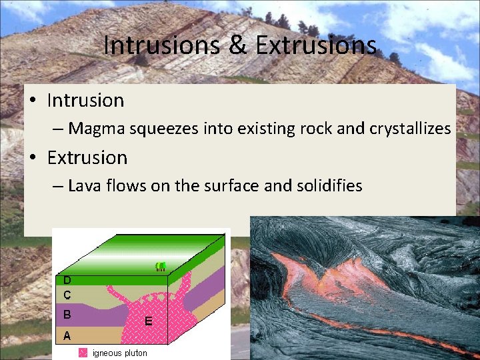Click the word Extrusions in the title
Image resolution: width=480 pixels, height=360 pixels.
click(315, 46)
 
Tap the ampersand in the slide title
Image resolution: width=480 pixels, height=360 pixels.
click(237, 46)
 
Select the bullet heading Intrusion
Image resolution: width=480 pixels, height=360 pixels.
click(85, 101)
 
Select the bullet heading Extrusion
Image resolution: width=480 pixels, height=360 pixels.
click(87, 158)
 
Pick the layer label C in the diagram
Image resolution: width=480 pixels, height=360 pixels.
click(67, 294)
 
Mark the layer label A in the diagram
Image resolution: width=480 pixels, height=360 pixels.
click(67, 336)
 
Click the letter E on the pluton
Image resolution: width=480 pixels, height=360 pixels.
click(149, 321)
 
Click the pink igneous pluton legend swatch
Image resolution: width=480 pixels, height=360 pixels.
click(83, 353)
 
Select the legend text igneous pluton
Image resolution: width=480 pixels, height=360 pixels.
click(120, 353)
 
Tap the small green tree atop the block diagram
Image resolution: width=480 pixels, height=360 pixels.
click(160, 267)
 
